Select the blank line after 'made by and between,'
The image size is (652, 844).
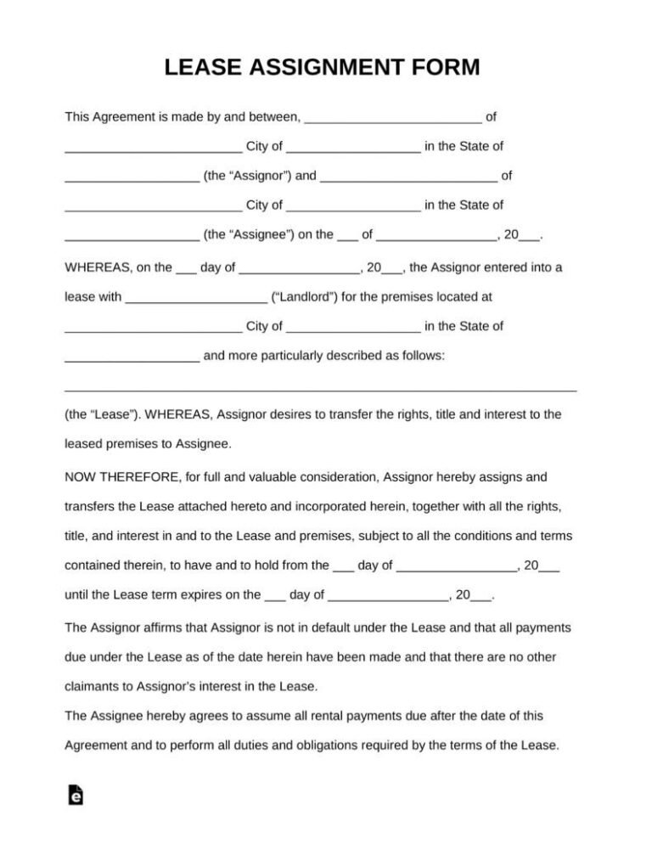pos(393,117)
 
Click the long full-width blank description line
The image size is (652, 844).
pos(321,389)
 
